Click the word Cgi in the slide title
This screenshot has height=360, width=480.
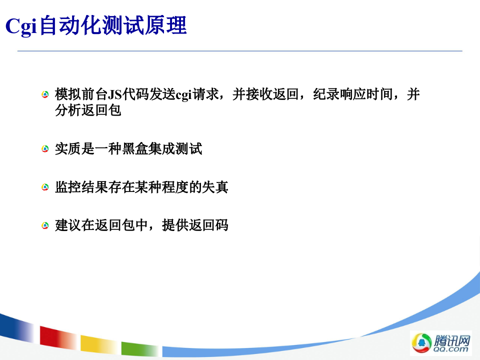click(21, 26)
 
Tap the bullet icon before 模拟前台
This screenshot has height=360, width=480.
click(45, 94)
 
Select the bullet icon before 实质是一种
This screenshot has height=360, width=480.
click(45, 149)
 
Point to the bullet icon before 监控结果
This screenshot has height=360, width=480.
click(45, 187)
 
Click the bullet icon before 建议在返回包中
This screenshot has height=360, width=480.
click(45, 226)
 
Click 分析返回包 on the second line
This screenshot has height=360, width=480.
click(88, 110)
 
